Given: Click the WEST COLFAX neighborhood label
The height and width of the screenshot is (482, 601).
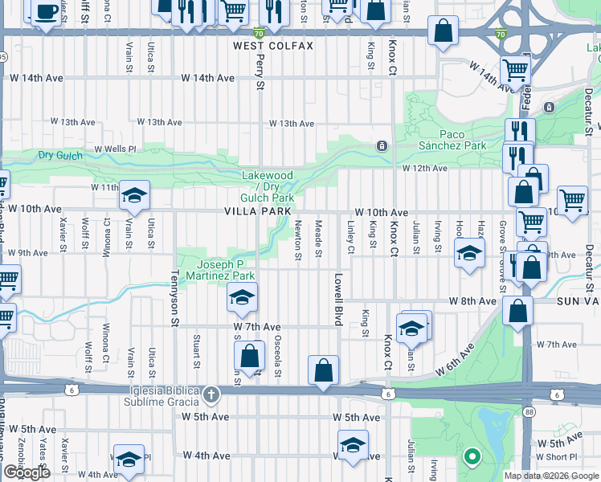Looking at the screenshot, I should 273,47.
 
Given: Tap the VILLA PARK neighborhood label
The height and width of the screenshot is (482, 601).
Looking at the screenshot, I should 257,210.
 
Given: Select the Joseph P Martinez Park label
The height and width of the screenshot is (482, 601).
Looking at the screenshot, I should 231,270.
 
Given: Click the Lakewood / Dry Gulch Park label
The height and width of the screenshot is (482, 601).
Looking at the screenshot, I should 268,186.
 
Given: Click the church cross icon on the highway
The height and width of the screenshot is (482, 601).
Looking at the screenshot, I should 211,394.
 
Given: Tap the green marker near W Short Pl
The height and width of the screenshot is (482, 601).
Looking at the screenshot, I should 472,458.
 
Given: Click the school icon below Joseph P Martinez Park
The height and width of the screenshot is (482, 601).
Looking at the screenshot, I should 241,298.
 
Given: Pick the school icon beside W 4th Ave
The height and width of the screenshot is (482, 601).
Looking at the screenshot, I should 129,460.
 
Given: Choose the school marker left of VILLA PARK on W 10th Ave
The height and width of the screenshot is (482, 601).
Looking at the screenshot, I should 134,195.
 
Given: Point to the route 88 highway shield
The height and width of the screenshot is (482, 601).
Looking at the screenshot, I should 527,412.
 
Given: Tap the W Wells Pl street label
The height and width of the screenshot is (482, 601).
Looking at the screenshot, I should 117,149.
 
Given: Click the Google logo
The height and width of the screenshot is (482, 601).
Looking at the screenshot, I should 27,472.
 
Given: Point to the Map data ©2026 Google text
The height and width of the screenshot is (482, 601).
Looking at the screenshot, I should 550,476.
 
